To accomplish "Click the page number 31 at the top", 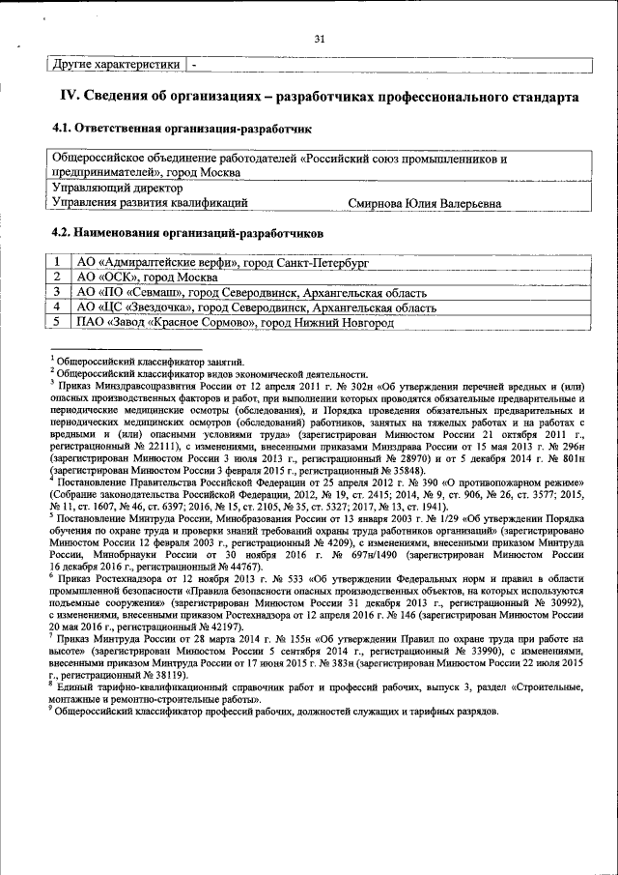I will tap(320, 40).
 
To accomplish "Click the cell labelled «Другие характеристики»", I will tap(115, 65).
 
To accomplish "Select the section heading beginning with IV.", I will tap(320, 98).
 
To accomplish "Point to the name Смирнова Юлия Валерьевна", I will tap(424, 203).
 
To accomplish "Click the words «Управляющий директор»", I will tap(117, 189).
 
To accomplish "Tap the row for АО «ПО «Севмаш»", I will tap(251, 291).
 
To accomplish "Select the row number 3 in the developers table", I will tap(58, 291).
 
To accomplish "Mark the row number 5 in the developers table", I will tap(58, 322).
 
